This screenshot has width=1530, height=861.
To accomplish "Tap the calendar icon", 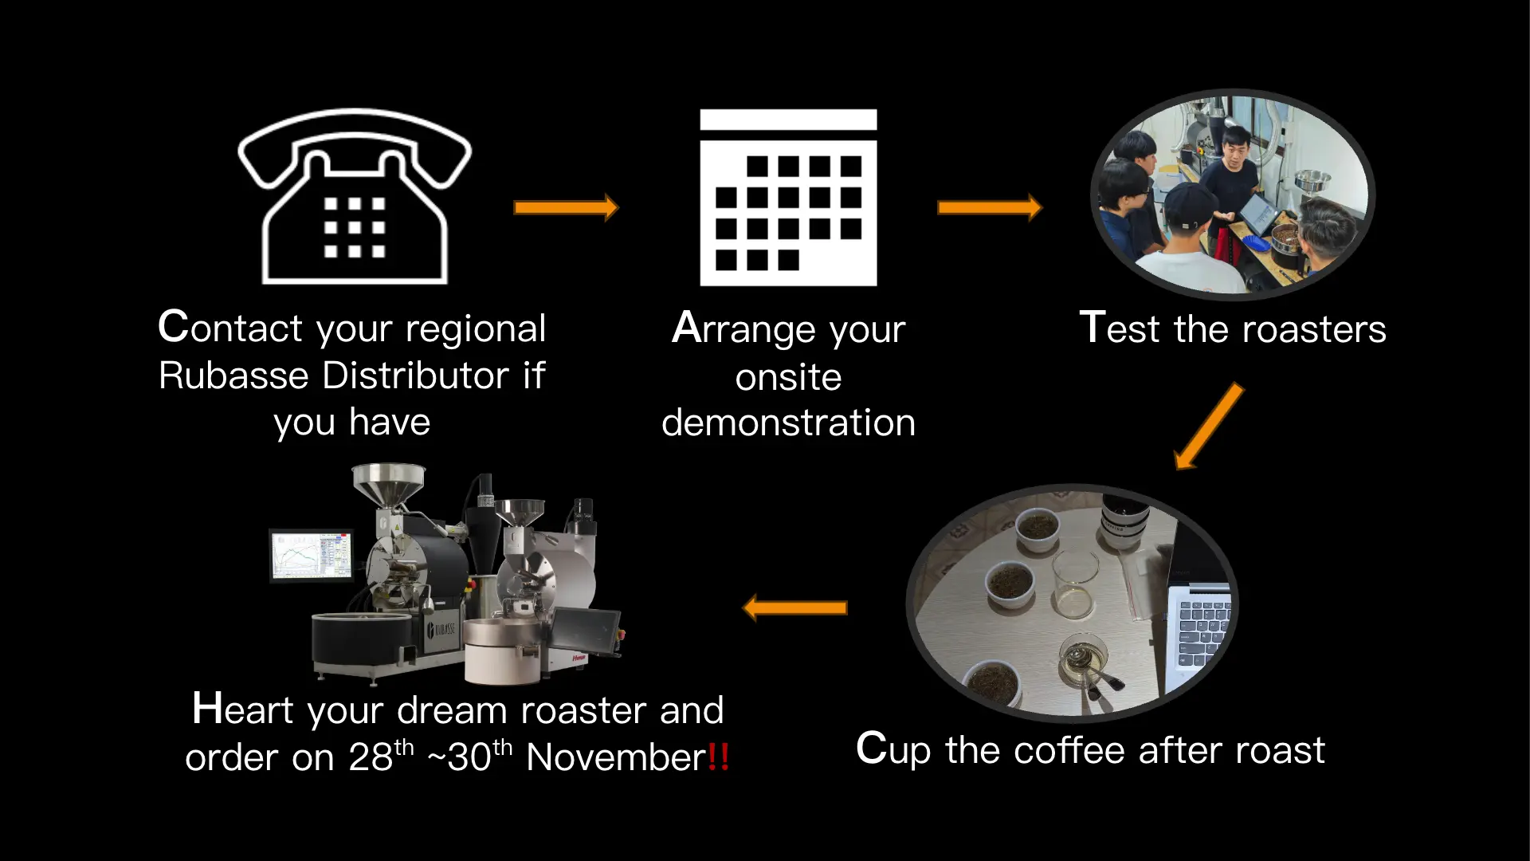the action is click(788, 198).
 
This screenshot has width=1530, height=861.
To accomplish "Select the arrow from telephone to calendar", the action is click(566, 207).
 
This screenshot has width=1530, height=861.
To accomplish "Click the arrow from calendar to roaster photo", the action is click(990, 207).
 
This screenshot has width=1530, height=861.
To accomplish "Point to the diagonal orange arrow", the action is click(1209, 427).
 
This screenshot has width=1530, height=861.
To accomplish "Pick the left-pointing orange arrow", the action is click(794, 608).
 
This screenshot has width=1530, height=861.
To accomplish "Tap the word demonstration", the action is click(788, 423).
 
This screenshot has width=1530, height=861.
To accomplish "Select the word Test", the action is click(1119, 328).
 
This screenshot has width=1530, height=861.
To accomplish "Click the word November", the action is click(616, 757).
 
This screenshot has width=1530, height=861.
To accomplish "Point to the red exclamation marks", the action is click(718, 757).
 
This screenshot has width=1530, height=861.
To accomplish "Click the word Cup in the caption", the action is click(893, 750).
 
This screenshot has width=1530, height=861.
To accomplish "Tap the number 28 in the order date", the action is click(371, 757).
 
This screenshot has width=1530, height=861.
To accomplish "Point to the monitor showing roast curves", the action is click(312, 556).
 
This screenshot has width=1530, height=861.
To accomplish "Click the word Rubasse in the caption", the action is click(233, 375).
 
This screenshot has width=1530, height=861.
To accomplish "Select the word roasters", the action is click(1314, 328).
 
